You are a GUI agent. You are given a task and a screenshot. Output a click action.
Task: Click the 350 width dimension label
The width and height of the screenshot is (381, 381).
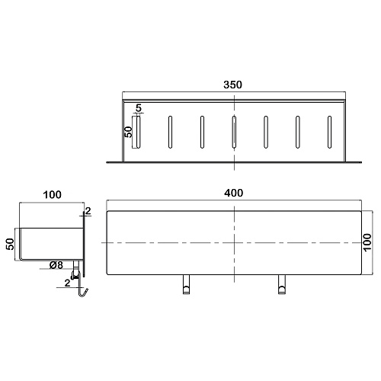(x=232, y=85)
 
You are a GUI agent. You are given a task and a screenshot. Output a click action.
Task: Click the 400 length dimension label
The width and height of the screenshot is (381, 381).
(x=233, y=193)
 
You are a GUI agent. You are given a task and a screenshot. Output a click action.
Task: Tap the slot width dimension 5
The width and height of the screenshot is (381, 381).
(x=138, y=108)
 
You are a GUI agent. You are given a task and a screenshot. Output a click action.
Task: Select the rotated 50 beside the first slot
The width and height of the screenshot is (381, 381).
(x=129, y=132)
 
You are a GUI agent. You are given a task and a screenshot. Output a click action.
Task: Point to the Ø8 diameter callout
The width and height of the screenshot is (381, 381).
(x=56, y=265)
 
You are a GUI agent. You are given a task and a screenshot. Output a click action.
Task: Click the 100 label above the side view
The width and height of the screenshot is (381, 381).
(x=52, y=194)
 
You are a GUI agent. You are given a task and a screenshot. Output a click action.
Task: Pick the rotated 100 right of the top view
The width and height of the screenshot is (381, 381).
(x=367, y=242)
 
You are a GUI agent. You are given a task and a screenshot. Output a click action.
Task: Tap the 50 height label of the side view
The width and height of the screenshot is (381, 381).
(x=10, y=244)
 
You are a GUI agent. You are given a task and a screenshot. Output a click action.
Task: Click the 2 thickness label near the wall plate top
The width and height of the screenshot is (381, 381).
(x=88, y=211)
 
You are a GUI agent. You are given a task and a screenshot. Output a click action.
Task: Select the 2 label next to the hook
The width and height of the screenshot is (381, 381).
(x=67, y=283)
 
